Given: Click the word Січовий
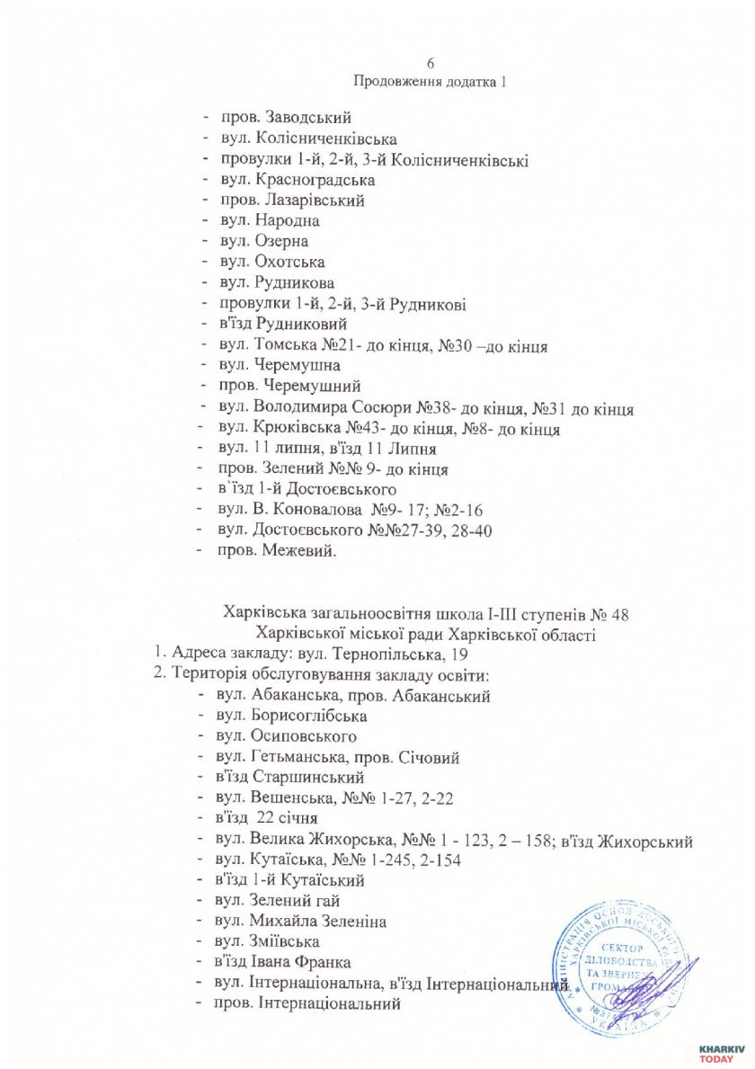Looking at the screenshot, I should pyautogui.click(x=430, y=758).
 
